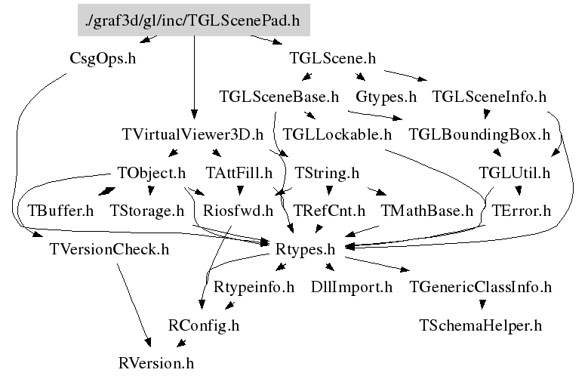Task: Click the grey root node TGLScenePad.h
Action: click(194, 20)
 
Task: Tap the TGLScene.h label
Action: click(333, 57)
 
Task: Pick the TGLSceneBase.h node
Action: click(279, 97)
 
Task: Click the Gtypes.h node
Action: click(386, 97)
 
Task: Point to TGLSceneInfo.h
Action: click(489, 97)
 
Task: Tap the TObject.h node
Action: click(152, 173)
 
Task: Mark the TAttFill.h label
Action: click(239, 173)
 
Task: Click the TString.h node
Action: click(326, 173)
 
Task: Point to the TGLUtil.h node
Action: click(515, 173)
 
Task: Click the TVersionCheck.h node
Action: click(109, 248)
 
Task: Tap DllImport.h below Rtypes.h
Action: click(352, 287)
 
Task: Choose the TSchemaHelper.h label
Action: click(480, 326)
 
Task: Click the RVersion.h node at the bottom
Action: click(156, 363)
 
